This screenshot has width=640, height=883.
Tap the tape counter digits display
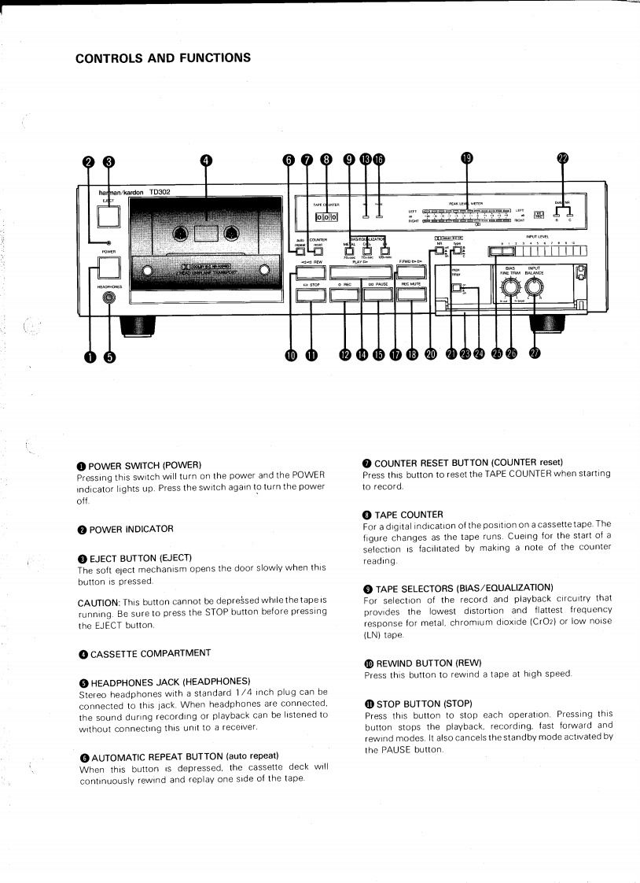[x=326, y=217]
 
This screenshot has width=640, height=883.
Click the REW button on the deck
[x=312, y=274]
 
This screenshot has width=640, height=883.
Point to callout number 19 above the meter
[x=466, y=159]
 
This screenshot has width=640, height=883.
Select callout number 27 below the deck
[x=535, y=354]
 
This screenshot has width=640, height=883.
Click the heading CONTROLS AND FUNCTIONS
[x=164, y=57]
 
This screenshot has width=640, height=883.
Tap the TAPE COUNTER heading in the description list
[x=409, y=514]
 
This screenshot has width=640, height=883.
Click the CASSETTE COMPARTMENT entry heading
[x=150, y=653]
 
